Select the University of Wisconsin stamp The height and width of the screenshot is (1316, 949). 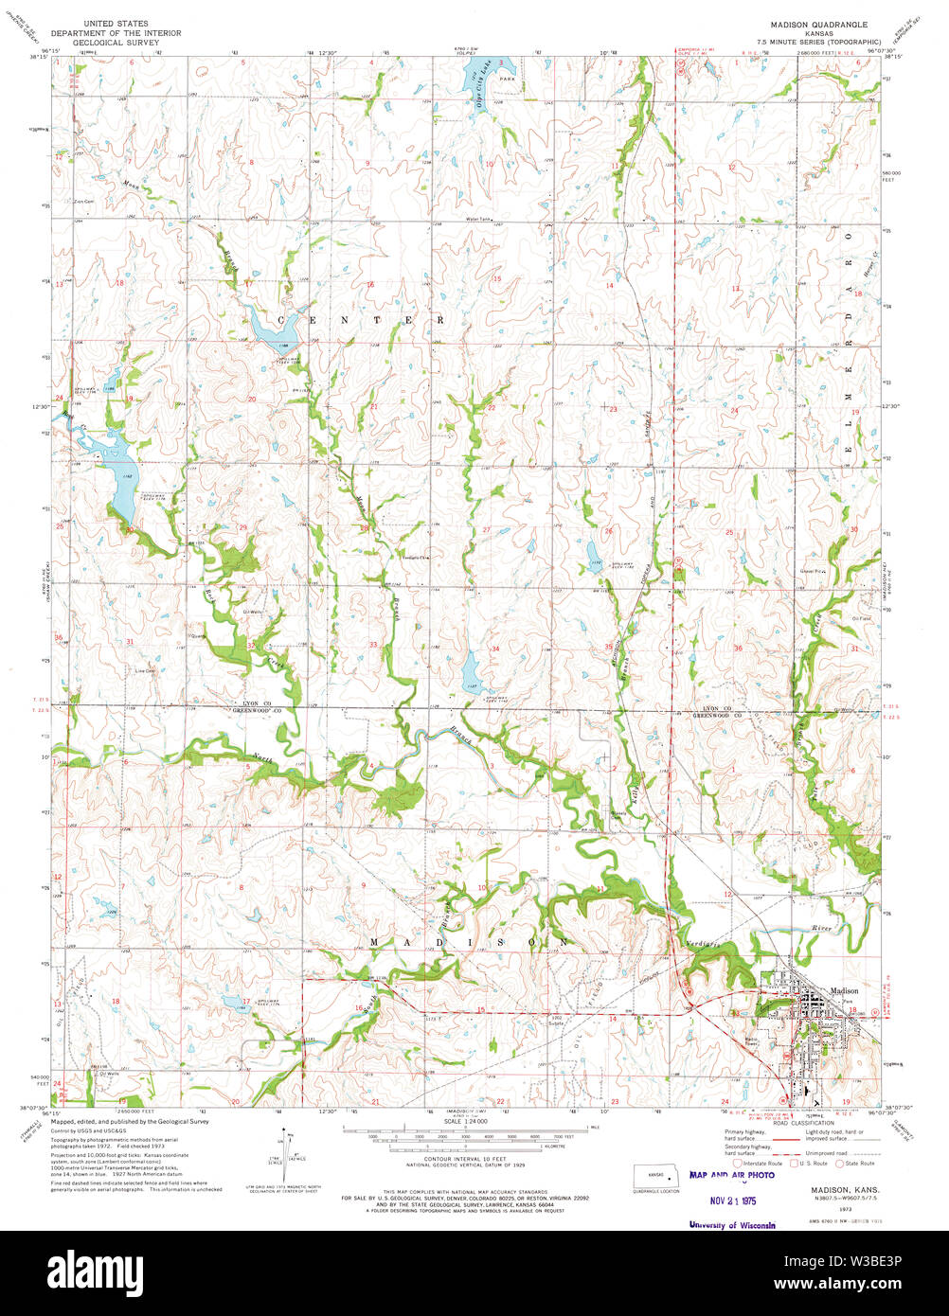732,1224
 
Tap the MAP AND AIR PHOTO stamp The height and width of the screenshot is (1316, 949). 732,1175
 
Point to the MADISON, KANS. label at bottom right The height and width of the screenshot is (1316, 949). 844,1188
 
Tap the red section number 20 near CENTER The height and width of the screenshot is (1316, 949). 251,399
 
